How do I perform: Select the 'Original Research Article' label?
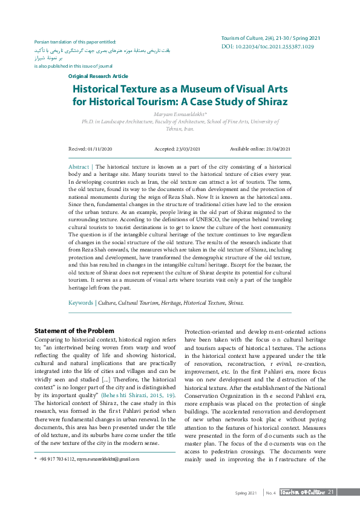[98, 76]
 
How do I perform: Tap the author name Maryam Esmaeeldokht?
[180, 114]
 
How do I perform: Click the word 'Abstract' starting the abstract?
[79, 166]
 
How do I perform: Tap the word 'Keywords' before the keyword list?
[80, 302]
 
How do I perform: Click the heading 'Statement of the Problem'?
[74, 331]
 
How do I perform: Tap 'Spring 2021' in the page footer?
[246, 493]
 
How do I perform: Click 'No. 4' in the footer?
[270, 493]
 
